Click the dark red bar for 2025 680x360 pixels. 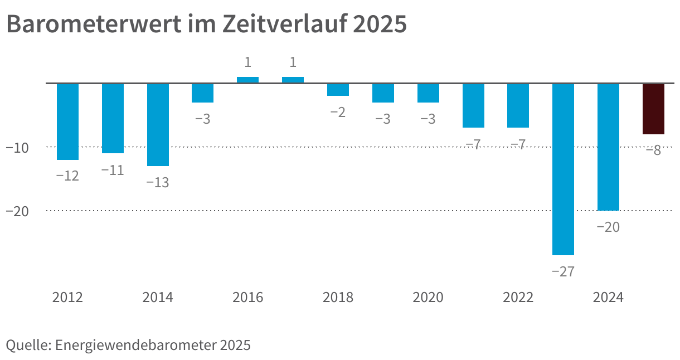(x=653, y=109)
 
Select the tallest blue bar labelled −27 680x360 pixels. (x=563, y=169)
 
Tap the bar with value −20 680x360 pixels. (x=608, y=147)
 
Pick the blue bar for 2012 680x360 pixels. (x=67, y=121)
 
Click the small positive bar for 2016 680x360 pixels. (x=247, y=80)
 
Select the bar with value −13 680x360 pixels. (x=158, y=125)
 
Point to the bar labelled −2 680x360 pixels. (x=338, y=90)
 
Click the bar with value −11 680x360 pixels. (x=113, y=118)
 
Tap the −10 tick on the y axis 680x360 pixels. (x=17, y=148)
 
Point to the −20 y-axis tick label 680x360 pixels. (x=17, y=212)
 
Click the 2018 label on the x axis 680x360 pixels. (x=338, y=298)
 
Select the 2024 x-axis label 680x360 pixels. (x=608, y=298)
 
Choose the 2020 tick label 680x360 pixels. (x=428, y=298)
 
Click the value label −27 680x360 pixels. (x=563, y=271)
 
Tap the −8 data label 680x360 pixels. (x=653, y=150)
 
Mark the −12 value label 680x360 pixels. (x=67, y=176)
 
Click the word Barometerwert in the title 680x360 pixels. (x=94, y=24)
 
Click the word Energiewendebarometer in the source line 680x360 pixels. (x=135, y=345)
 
